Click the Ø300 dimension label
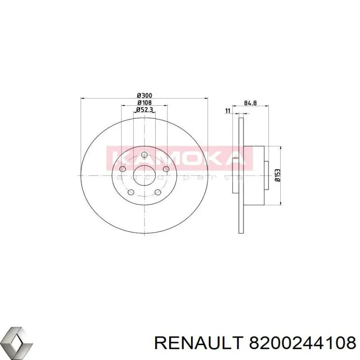144,95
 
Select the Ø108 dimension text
144,102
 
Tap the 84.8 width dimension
250,103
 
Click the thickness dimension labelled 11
228,111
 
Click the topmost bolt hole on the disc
144,155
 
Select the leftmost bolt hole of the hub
123,169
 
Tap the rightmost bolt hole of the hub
166,169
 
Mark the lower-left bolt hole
131,193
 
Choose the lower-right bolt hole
158,193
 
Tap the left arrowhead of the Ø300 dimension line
82,98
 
